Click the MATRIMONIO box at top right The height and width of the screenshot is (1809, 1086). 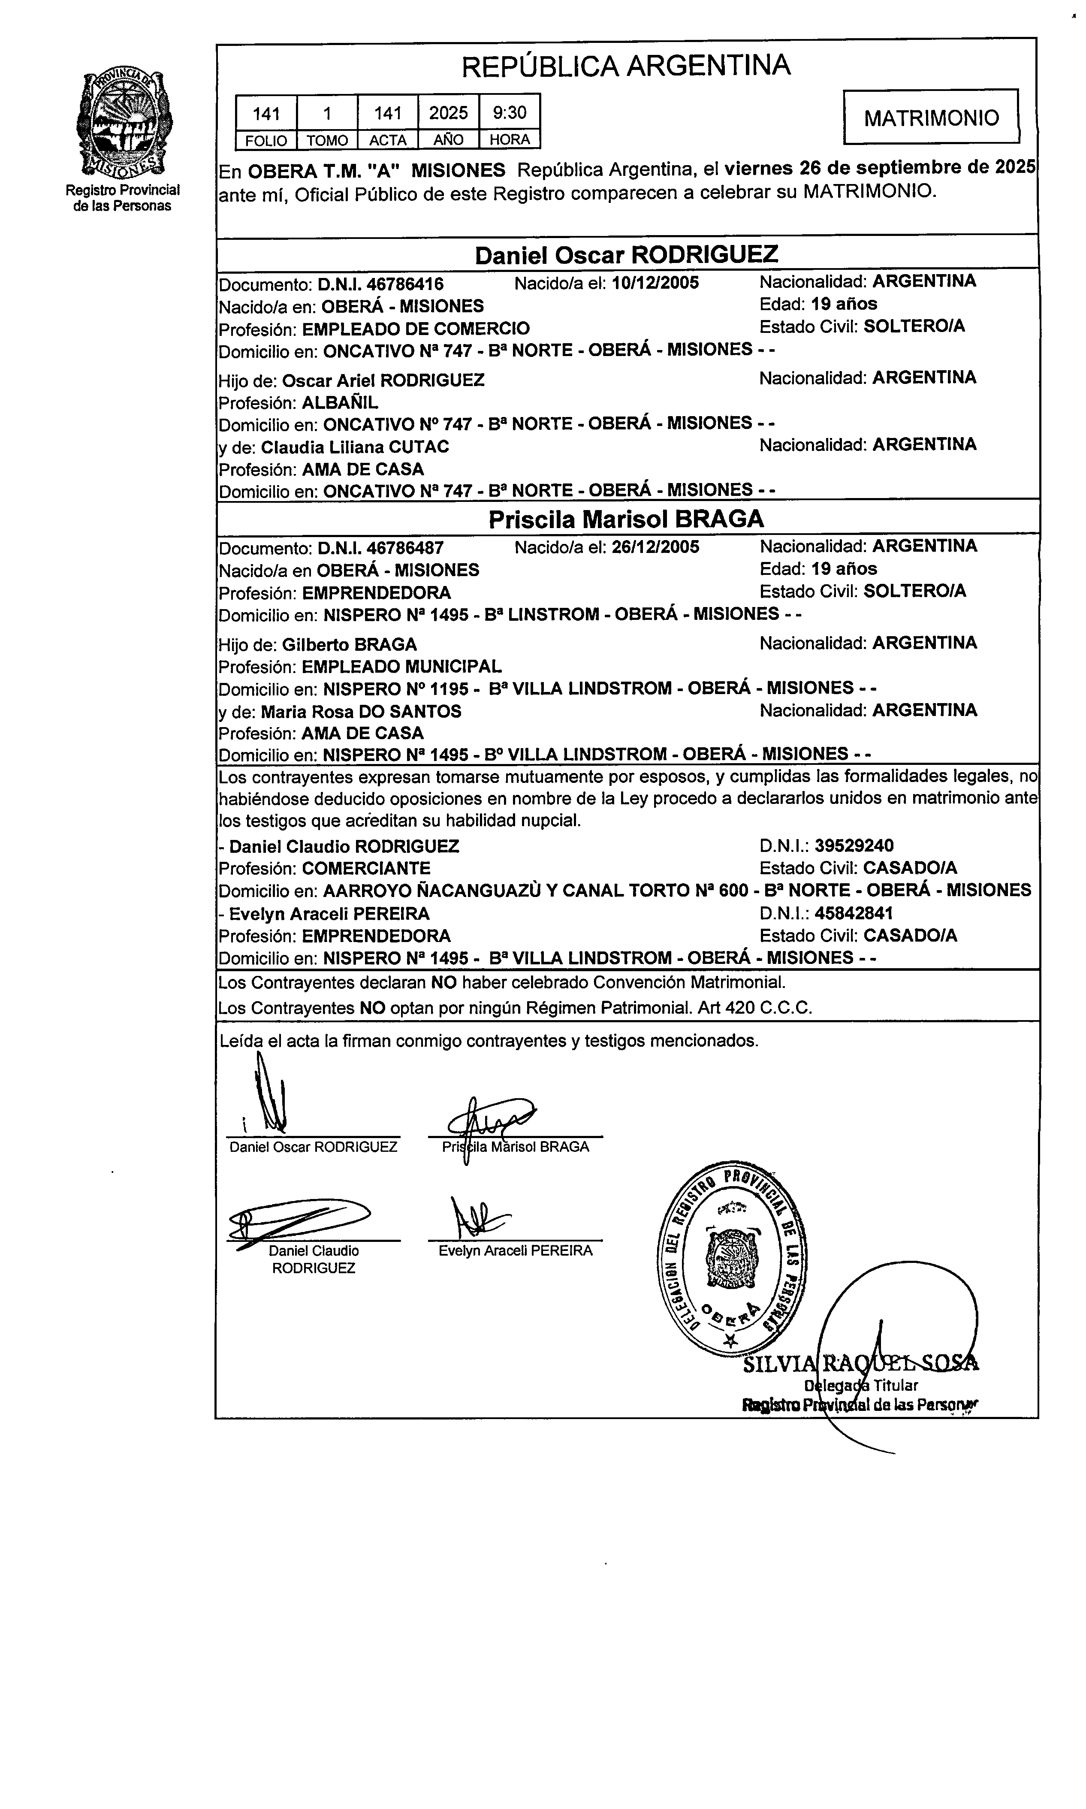pos(931,117)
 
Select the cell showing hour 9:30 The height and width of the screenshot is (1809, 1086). pos(510,113)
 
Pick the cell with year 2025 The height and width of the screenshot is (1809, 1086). pos(449,113)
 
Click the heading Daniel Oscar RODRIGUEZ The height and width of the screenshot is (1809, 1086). pos(627,255)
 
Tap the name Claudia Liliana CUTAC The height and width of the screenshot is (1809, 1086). pos(355,447)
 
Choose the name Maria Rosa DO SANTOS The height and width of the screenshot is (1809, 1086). pos(362,711)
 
